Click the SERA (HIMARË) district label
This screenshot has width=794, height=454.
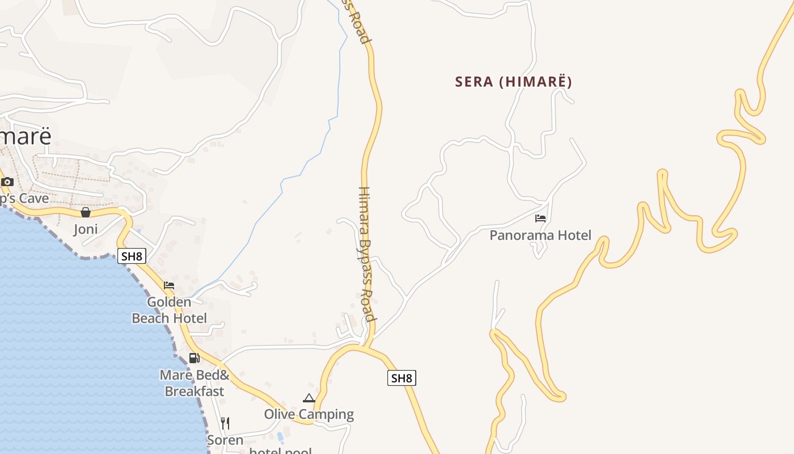coord(513,82)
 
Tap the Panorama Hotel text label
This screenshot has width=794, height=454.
coord(540,235)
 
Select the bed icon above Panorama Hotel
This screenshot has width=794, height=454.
coord(540,218)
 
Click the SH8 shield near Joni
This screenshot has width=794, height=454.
coord(132,256)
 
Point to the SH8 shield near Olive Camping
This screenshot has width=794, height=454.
coord(402,378)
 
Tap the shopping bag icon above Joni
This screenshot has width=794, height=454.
coord(85,212)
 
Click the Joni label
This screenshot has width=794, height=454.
coord(86,229)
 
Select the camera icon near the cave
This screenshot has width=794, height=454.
coord(7,182)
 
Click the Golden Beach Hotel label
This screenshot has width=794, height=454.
coord(169,310)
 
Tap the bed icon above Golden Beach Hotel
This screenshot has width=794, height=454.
coord(169,285)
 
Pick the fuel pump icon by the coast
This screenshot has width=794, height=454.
coord(194,358)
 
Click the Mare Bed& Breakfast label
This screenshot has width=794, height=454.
coord(194,383)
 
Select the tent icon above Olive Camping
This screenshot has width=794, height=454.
coord(309,398)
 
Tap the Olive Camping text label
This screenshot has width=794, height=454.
coord(309,414)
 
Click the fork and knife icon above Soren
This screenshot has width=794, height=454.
coord(225,423)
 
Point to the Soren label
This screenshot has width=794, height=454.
coord(225,440)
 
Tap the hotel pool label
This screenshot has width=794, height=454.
coord(281,451)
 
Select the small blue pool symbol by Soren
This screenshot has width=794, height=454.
coord(280,438)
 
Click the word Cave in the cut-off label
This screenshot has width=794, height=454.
coord(33,199)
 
